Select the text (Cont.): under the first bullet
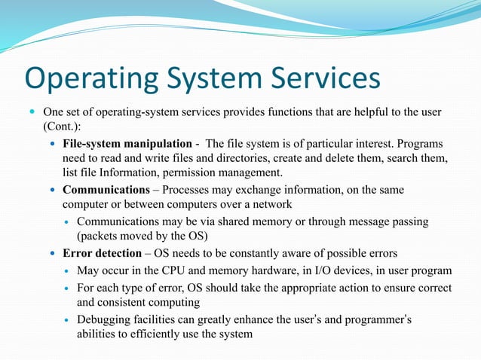(61, 128)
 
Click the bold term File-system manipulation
(127, 144)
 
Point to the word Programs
(417, 144)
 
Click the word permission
(216, 173)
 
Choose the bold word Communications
(106, 190)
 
